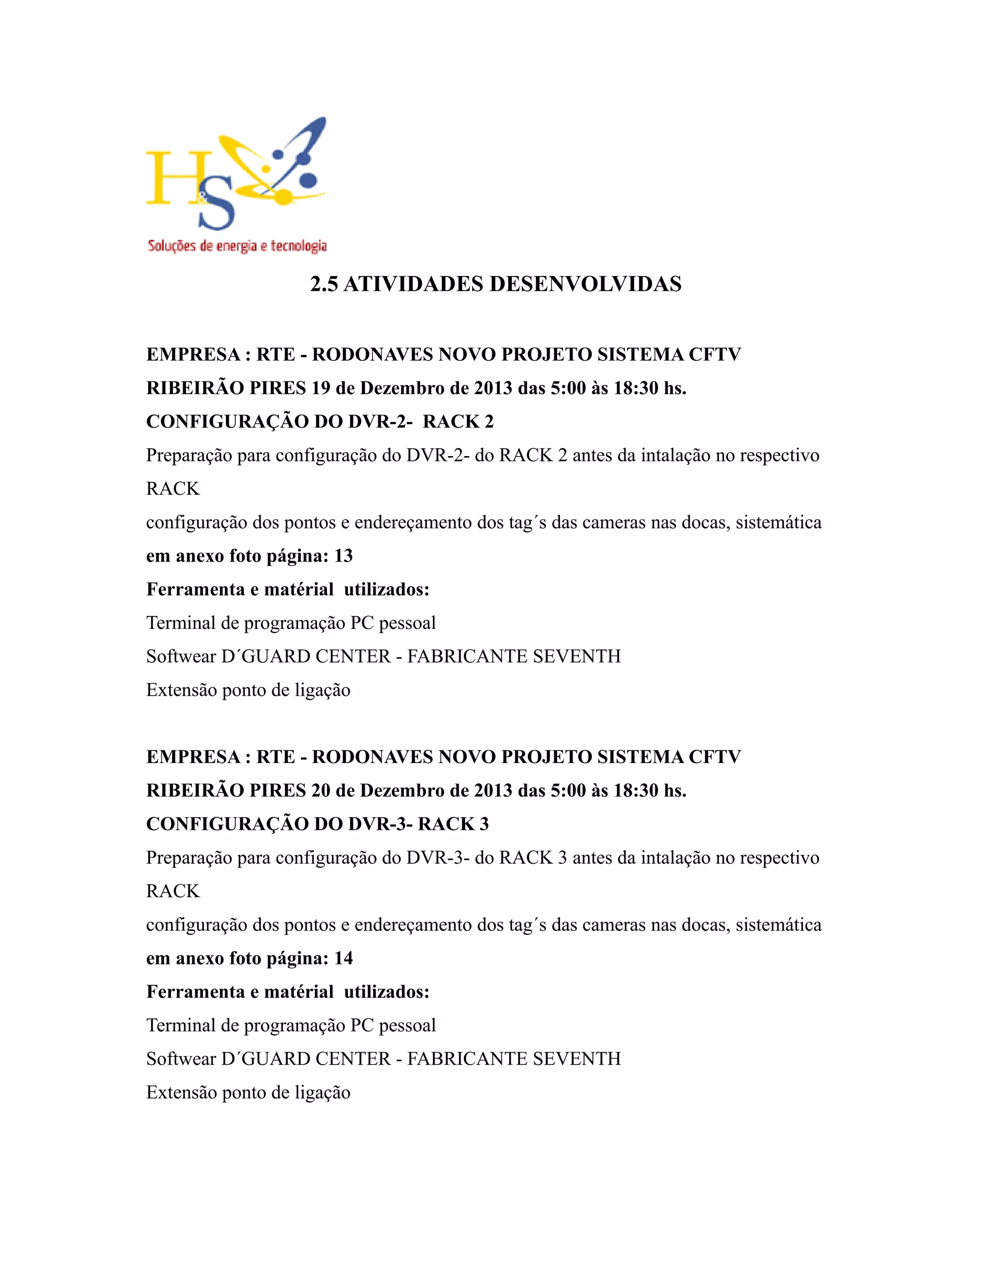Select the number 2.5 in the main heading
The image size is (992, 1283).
[324, 284]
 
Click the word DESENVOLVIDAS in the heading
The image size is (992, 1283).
[585, 284]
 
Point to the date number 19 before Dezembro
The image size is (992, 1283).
[321, 388]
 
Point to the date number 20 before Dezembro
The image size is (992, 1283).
[321, 791]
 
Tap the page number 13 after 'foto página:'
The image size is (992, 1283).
[343, 556]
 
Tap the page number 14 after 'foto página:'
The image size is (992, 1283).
[343, 958]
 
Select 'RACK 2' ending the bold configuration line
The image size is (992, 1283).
[458, 422]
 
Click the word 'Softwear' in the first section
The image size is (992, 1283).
[181, 656]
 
